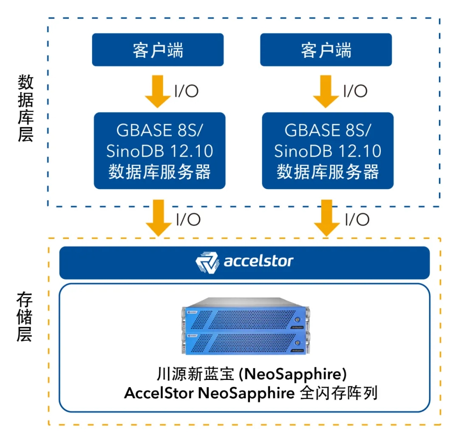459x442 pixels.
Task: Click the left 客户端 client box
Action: (158, 50)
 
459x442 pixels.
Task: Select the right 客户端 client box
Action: (326, 50)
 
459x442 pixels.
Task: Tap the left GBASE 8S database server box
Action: (159, 151)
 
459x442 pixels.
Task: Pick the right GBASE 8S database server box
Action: (328, 151)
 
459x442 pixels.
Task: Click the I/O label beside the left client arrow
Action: (187, 91)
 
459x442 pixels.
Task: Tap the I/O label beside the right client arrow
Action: (355, 91)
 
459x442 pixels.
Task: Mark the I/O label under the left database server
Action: (188, 219)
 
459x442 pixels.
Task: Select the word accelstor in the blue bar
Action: (258, 261)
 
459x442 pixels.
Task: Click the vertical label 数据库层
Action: (25, 108)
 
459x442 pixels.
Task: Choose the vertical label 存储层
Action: (25, 317)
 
